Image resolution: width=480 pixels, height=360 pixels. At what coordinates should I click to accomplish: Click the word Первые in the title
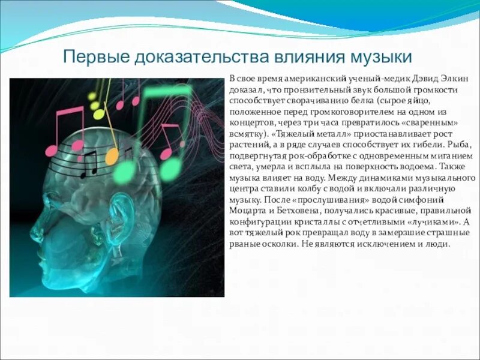(97, 58)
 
